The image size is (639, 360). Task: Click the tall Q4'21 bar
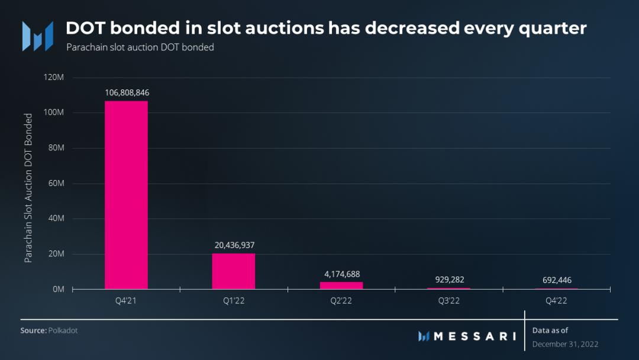(126, 195)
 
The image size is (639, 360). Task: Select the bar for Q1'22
(234, 271)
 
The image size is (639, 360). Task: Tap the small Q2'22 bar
(341, 285)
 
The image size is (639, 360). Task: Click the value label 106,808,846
(127, 93)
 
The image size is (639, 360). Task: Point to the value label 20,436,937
(234, 245)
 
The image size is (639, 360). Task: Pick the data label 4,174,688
(341, 274)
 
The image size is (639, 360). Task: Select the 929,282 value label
(449, 279)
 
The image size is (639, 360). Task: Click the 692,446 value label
(556, 280)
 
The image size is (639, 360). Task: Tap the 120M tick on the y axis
(54, 78)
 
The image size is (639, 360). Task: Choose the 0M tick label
(58, 290)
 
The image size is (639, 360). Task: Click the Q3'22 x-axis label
(449, 301)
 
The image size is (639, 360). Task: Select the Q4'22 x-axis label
(556, 301)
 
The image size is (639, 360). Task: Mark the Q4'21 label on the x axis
(127, 301)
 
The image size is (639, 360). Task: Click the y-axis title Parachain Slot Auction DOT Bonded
(28, 188)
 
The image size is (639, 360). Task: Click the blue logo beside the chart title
(37, 36)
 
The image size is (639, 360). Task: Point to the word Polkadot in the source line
(63, 330)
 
